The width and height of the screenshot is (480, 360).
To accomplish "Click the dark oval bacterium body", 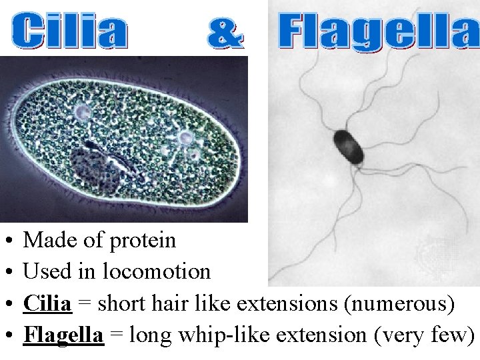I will [350, 146].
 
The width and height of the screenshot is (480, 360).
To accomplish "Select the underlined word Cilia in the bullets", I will [47, 303].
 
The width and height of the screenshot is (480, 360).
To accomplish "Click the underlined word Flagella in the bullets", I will [63, 335].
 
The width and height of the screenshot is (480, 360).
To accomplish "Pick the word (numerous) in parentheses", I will [398, 303].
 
